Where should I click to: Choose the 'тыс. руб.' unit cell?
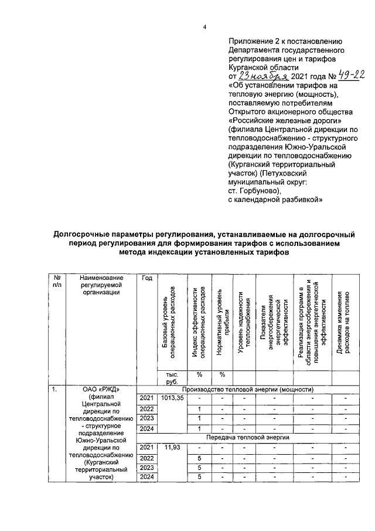pyautogui.click(x=172, y=378)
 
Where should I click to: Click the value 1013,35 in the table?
pyautogui.click(x=172, y=398)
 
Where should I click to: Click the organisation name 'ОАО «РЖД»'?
pyautogui.click(x=101, y=389)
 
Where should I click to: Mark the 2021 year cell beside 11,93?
pyautogui.click(x=146, y=448)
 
